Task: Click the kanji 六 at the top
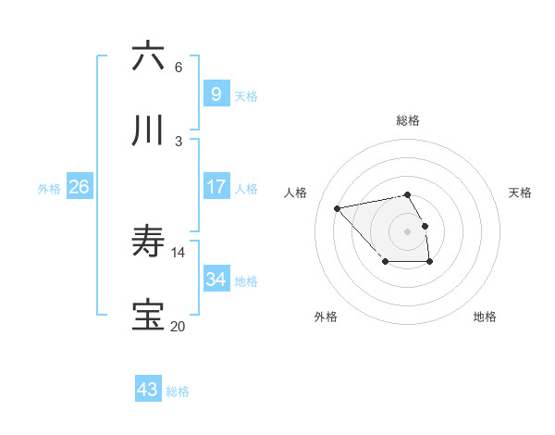(148, 56)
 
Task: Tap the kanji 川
(148, 131)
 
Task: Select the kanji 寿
(148, 242)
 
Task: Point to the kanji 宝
(148, 316)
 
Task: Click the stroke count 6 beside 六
(179, 67)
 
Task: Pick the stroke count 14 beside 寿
(179, 252)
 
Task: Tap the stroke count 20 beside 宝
(178, 326)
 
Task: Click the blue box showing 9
(216, 93)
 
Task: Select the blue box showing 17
(216, 186)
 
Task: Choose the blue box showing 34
(216, 279)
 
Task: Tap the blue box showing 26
(80, 186)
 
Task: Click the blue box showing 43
(148, 390)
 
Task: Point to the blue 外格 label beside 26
(49, 189)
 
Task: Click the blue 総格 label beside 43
(178, 391)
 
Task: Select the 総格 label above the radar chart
(408, 120)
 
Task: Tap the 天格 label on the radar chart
(521, 193)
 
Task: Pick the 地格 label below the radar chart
(485, 317)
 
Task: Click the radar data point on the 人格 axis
(338, 207)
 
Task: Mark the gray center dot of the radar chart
(408, 230)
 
